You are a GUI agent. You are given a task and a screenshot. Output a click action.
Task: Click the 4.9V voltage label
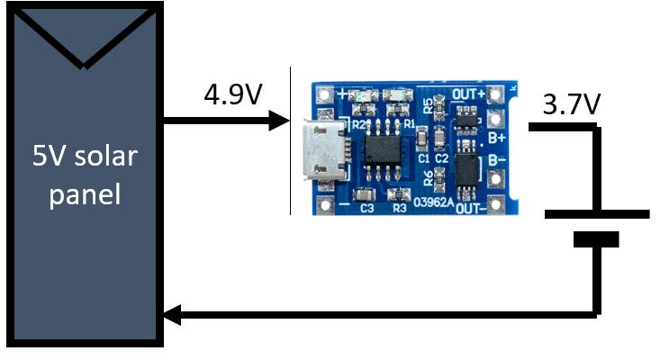[231, 94]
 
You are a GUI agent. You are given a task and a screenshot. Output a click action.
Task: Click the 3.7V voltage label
[571, 104]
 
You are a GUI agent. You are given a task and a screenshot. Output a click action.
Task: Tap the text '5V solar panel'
[85, 175]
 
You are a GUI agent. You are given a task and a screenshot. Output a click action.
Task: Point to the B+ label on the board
[497, 137]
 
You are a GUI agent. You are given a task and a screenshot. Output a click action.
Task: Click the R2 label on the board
[357, 125]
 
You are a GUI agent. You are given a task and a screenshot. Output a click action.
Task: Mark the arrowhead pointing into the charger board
[279, 121]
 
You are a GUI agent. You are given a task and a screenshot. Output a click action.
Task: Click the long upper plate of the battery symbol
[596, 214]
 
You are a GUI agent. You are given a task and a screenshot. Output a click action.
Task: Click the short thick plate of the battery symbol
[596, 239]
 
